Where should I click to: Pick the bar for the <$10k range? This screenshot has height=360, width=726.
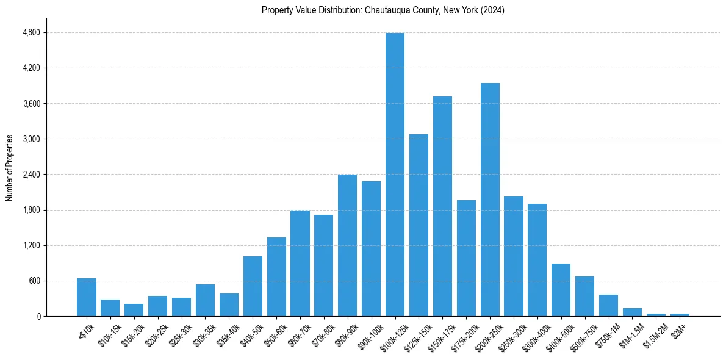[87, 297]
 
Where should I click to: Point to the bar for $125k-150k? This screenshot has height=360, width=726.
[419, 225]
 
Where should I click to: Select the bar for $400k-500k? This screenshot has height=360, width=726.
[561, 290]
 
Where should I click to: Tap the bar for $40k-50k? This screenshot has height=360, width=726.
[253, 286]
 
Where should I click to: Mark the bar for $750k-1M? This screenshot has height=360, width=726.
[608, 305]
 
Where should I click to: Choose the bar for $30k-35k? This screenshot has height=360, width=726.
[205, 300]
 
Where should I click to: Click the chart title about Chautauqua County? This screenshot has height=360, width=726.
[383, 10]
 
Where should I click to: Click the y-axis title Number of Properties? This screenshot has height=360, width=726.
[10, 168]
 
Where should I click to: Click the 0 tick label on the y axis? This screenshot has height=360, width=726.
[38, 317]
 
